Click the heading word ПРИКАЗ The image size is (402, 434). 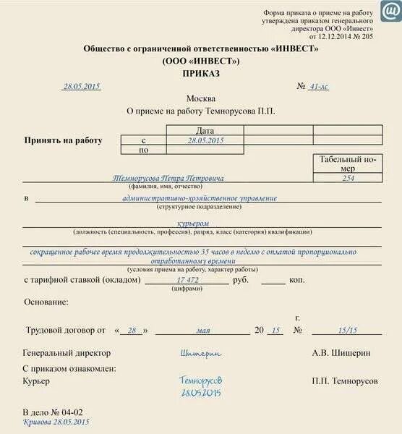[x=200, y=73]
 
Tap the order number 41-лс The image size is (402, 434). [x=318, y=86]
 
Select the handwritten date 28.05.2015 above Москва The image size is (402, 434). [x=82, y=86]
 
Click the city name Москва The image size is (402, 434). [x=200, y=98]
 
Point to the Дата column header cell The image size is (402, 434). [x=205, y=130]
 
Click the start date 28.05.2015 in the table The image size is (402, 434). [x=205, y=140]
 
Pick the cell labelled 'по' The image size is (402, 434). [x=144, y=150]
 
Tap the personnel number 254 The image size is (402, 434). [x=348, y=178]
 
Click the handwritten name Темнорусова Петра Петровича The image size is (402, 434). [x=168, y=178]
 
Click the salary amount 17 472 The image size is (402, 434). [x=188, y=279]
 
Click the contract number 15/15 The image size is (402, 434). [x=347, y=330]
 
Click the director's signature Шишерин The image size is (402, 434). [x=201, y=353]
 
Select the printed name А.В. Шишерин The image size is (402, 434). [x=341, y=353]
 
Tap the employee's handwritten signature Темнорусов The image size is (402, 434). [x=201, y=380]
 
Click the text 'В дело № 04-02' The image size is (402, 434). [x=48, y=412]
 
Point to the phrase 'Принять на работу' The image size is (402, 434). [x=64, y=140]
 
